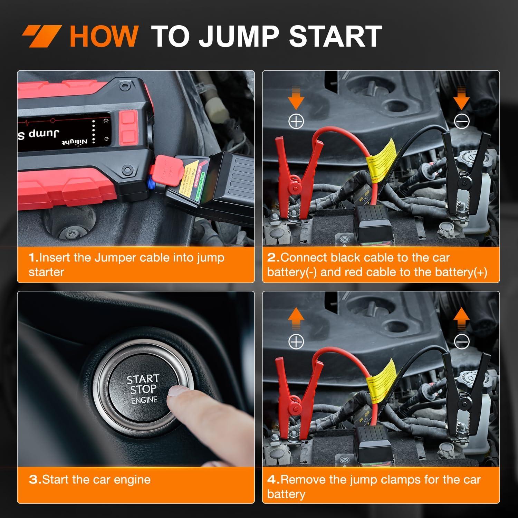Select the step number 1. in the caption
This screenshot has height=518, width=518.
33,258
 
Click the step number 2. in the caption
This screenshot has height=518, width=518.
273,258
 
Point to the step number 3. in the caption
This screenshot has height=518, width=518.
35,480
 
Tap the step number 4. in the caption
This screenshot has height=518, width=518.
273,480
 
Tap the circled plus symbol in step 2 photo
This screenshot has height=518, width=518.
296,122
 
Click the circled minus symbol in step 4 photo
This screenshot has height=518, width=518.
461,342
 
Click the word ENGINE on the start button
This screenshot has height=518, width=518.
144,400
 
